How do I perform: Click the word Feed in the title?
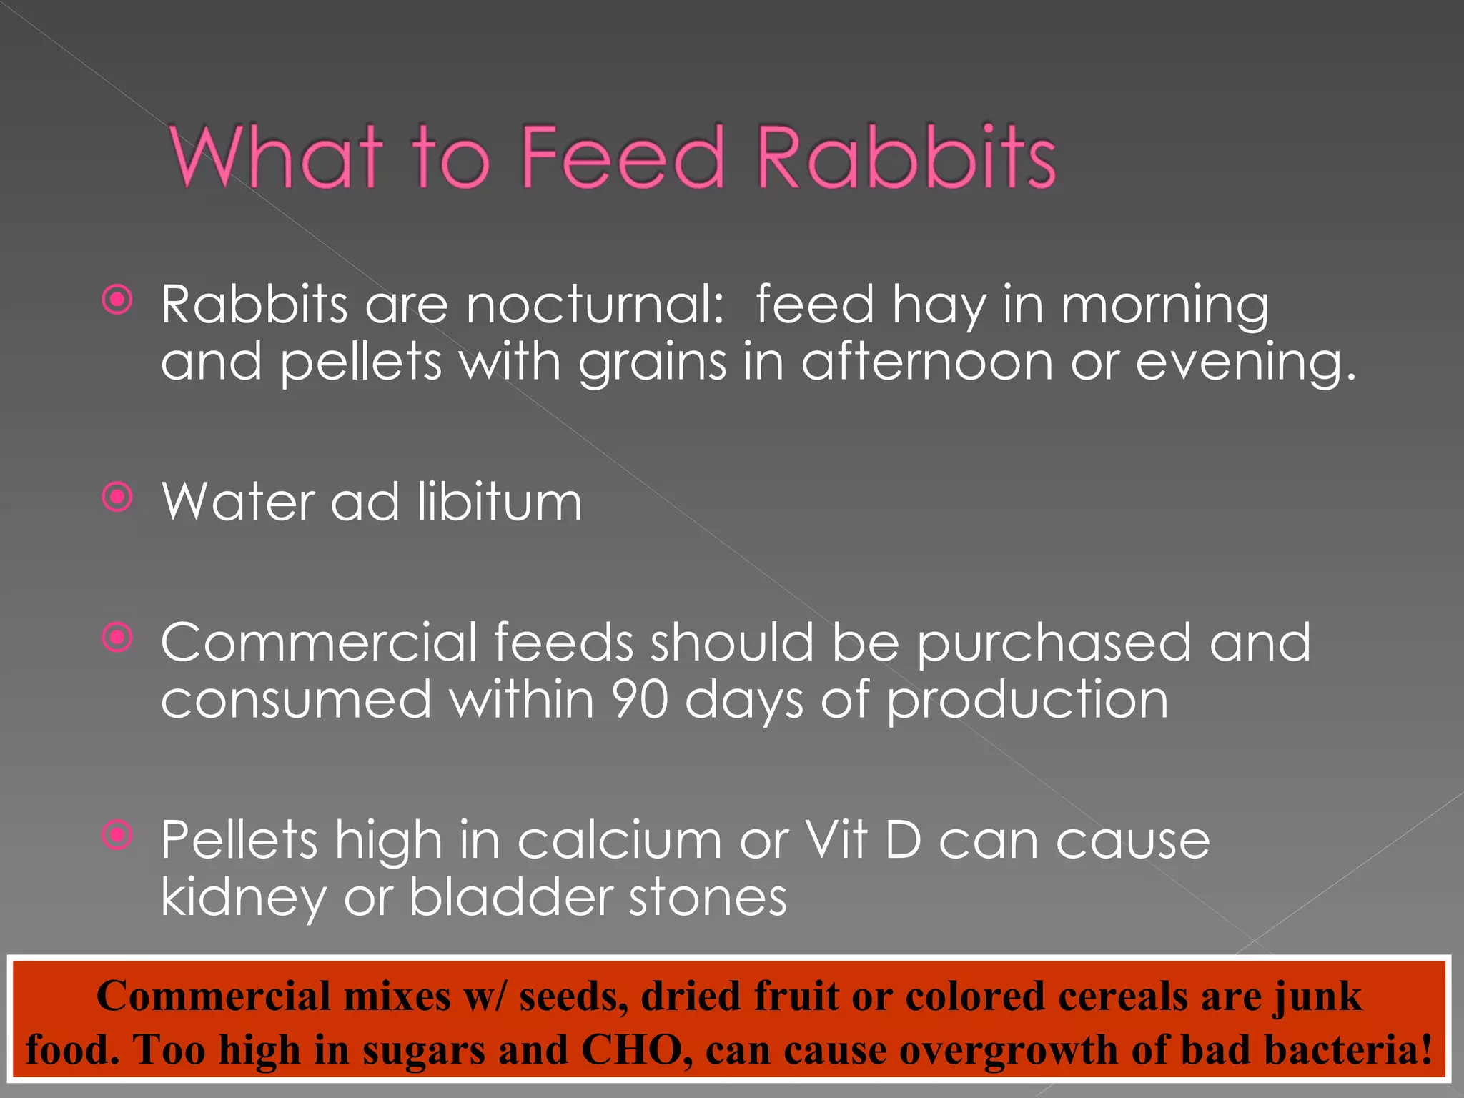click(622, 157)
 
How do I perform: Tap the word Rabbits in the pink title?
click(905, 157)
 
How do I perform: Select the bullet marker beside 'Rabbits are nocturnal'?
click(117, 300)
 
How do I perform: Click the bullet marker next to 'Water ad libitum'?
click(117, 497)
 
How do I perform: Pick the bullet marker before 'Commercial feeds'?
click(117, 638)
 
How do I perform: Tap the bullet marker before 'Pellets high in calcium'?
click(117, 834)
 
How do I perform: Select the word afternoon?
click(926, 362)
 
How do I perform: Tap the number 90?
click(639, 700)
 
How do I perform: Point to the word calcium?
click(619, 840)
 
